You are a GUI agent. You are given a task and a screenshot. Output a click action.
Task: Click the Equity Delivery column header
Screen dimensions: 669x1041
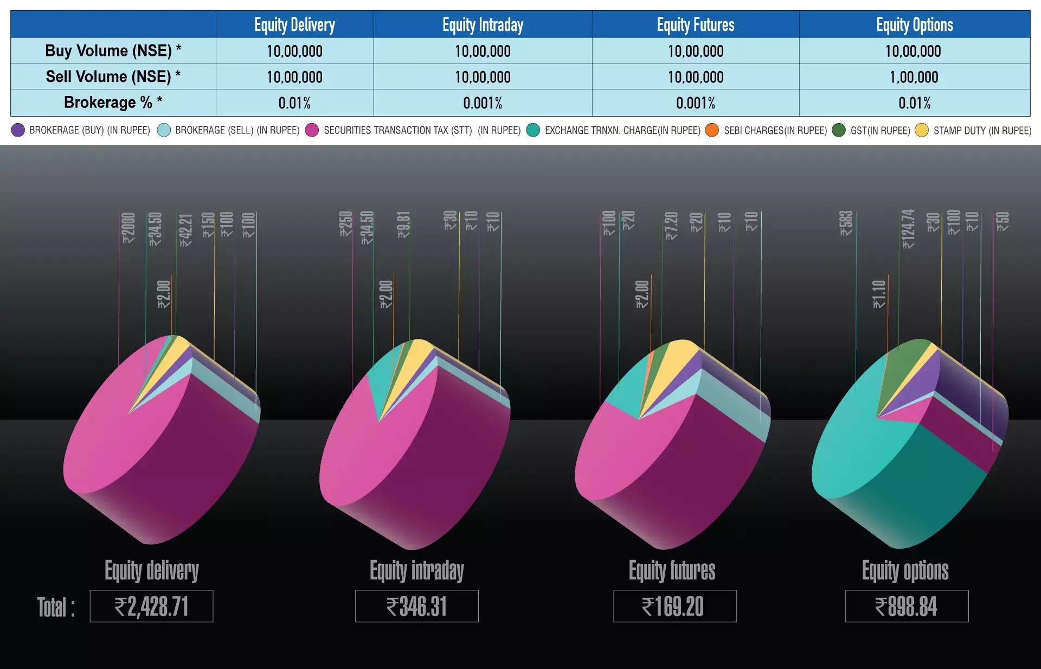[x=294, y=25]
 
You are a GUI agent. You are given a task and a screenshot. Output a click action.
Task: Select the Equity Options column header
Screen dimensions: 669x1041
[x=914, y=25]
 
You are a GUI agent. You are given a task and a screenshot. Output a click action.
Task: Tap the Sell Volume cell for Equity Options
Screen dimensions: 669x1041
[x=914, y=77]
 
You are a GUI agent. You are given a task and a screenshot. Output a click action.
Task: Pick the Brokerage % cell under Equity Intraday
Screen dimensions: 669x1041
[x=483, y=103]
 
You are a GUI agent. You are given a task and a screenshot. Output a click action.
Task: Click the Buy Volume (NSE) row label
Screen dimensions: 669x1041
[x=113, y=51]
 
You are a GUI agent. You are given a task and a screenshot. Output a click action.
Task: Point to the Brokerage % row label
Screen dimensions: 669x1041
[x=113, y=102]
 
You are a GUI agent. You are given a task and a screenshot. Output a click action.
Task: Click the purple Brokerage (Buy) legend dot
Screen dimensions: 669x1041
[x=18, y=130]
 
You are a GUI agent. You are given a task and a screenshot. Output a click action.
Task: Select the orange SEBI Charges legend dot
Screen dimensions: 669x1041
[x=712, y=130]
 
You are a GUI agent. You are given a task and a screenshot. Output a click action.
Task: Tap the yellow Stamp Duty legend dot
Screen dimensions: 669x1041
[x=922, y=130]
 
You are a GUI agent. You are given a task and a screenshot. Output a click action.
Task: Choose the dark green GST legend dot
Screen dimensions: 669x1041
[x=839, y=130]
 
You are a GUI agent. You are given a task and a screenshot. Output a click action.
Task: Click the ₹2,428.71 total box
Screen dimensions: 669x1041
[x=151, y=606]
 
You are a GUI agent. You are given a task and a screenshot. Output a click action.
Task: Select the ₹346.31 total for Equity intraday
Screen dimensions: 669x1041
[x=416, y=606]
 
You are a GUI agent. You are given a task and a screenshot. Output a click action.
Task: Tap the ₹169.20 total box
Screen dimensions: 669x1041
[x=674, y=606]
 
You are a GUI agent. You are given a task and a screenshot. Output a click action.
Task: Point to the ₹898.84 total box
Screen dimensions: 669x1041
[x=907, y=606]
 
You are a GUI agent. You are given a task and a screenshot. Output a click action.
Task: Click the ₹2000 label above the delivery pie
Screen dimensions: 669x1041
[x=128, y=228]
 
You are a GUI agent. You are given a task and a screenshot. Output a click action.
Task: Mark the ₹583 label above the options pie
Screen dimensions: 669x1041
[x=846, y=223]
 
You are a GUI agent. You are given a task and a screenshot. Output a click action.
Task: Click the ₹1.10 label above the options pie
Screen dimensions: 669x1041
[x=879, y=294]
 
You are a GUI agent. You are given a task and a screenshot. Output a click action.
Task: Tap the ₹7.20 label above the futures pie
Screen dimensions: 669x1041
[x=671, y=226]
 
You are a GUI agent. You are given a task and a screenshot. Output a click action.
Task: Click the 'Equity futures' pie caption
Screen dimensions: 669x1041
[x=672, y=571]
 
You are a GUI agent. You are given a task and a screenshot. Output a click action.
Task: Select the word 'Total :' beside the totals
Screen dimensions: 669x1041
[x=56, y=607]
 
